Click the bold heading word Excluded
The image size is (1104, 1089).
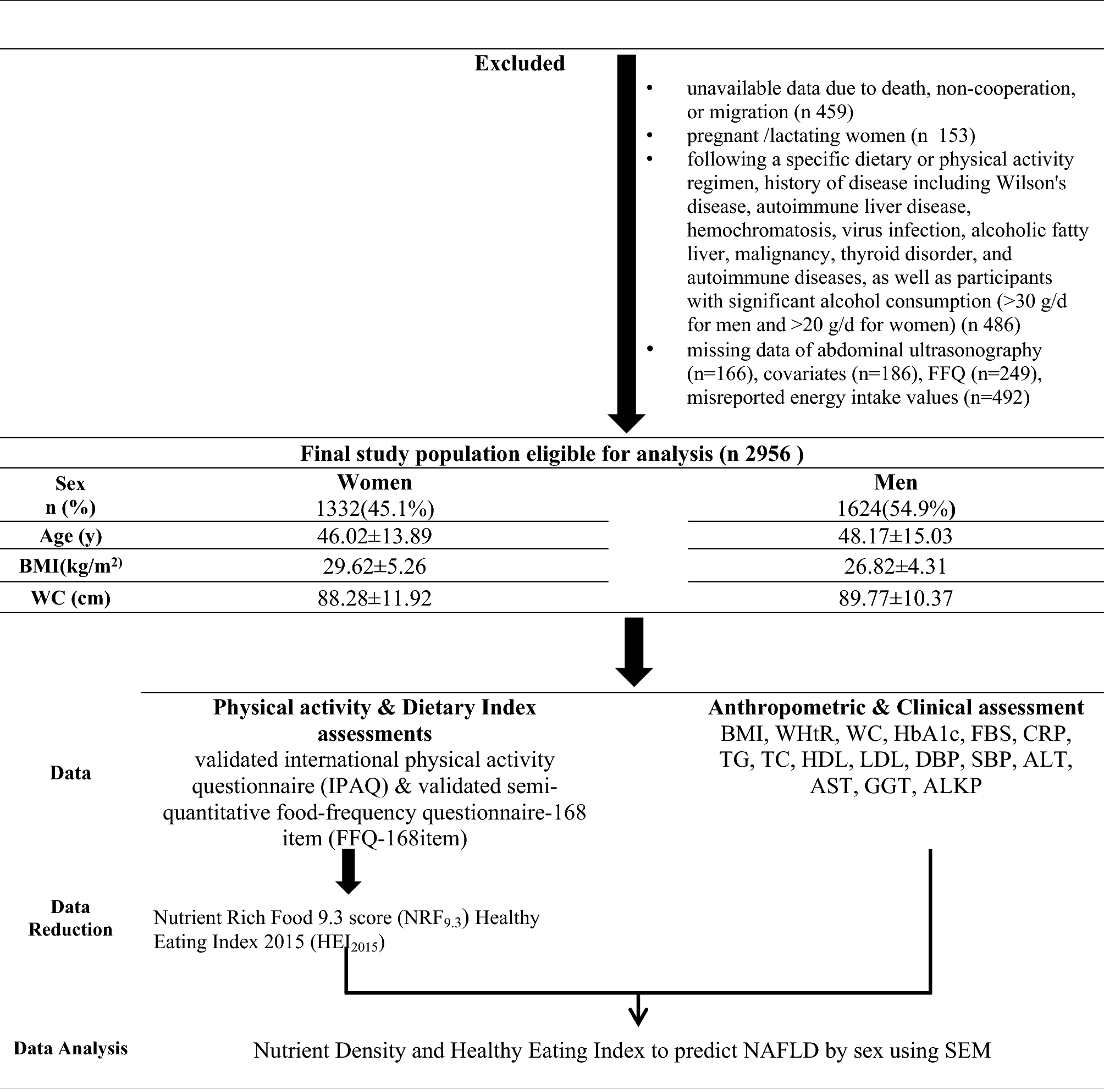pyautogui.click(x=520, y=63)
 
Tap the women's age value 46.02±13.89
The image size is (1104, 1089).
pyautogui.click(x=374, y=536)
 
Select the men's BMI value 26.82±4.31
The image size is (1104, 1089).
pyautogui.click(x=896, y=566)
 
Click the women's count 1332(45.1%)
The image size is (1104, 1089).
pyautogui.click(x=375, y=509)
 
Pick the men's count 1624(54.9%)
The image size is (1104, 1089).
pyautogui.click(x=896, y=509)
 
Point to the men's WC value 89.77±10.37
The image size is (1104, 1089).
pyautogui.click(x=896, y=598)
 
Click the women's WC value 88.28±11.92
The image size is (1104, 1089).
pyautogui.click(x=374, y=598)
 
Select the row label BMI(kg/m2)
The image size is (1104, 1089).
pyautogui.click(x=70, y=566)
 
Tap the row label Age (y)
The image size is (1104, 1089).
pyautogui.click(x=70, y=536)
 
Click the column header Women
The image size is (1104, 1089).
pyautogui.click(x=374, y=482)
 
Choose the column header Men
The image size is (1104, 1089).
pyautogui.click(x=896, y=482)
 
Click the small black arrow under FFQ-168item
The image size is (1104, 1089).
pyautogui.click(x=348, y=871)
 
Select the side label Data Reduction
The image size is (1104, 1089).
pyautogui.click(x=70, y=918)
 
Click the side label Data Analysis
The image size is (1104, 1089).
pyautogui.click(x=70, y=1048)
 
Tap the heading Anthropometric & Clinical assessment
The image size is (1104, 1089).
pyautogui.click(x=896, y=708)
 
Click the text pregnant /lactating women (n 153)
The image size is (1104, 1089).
pyautogui.click(x=830, y=135)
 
